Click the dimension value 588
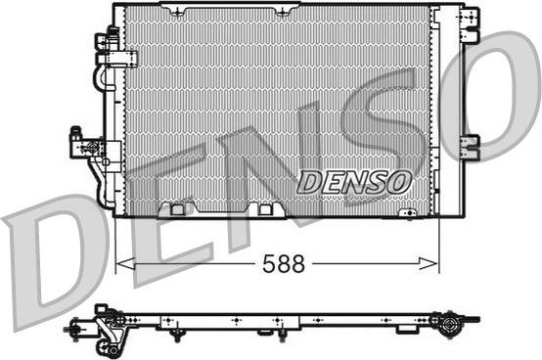pyautogui.click(x=284, y=264)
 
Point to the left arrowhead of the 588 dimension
pyautogui.click(x=125, y=264)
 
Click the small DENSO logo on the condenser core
pyautogui.click(x=354, y=182)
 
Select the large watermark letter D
pyautogui.click(x=52, y=262)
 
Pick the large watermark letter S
pyautogui.click(x=382, y=138)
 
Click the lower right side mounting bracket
pyautogui.click(x=471, y=147)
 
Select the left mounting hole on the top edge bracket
pyautogui.click(x=178, y=13)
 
